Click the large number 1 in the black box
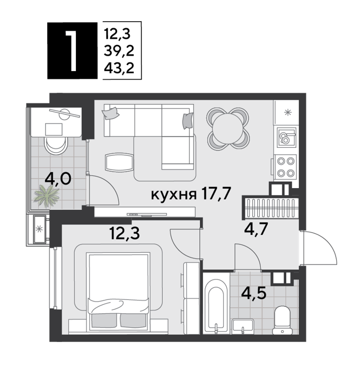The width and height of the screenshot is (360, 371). pos(71,51)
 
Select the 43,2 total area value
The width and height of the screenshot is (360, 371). pos(119,68)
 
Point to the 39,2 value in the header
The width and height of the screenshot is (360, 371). pos(119,51)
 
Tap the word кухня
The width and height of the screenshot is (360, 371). pos(174,195)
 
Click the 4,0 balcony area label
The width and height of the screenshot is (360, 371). pos(58,179)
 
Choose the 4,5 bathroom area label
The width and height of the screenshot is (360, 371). pos(254,293)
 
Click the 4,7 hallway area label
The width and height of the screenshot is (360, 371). pos(256,229)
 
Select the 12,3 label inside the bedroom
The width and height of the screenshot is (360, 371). pos(125,233)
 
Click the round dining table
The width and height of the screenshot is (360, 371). pos(228,129)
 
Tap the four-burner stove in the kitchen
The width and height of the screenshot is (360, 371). pos(285,167)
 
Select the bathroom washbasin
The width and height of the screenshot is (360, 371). pos(243,326)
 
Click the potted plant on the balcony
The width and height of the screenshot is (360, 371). pos(47,196)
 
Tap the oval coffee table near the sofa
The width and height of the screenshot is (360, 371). pos(119,162)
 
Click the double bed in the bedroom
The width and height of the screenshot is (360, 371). pos(118,291)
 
